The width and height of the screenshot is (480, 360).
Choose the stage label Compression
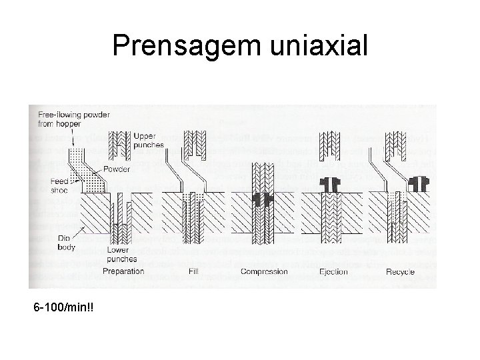pyautogui.click(x=264, y=272)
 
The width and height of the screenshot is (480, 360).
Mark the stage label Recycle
pyautogui.click(x=399, y=272)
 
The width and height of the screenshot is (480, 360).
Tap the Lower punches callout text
pyautogui.click(x=121, y=255)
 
